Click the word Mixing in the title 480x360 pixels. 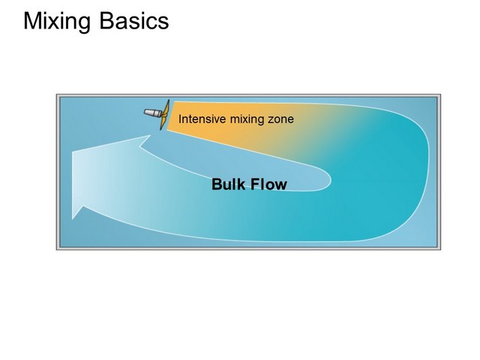pos(57,22)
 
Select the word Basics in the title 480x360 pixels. pos(134,21)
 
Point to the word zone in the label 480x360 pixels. pos(281,119)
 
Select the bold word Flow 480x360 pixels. pos(268,184)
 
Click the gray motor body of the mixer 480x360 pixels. pos(153,113)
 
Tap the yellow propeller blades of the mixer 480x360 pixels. pos(165,115)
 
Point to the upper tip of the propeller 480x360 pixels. pos(169,100)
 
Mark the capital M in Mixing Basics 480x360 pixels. pos(32,21)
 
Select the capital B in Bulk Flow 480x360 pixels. pos(217,184)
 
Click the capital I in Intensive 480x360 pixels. pos(180,118)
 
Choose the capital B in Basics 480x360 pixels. pos(106,21)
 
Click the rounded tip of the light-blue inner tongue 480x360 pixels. pos(331,181)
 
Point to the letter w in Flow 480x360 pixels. pos(280,186)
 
